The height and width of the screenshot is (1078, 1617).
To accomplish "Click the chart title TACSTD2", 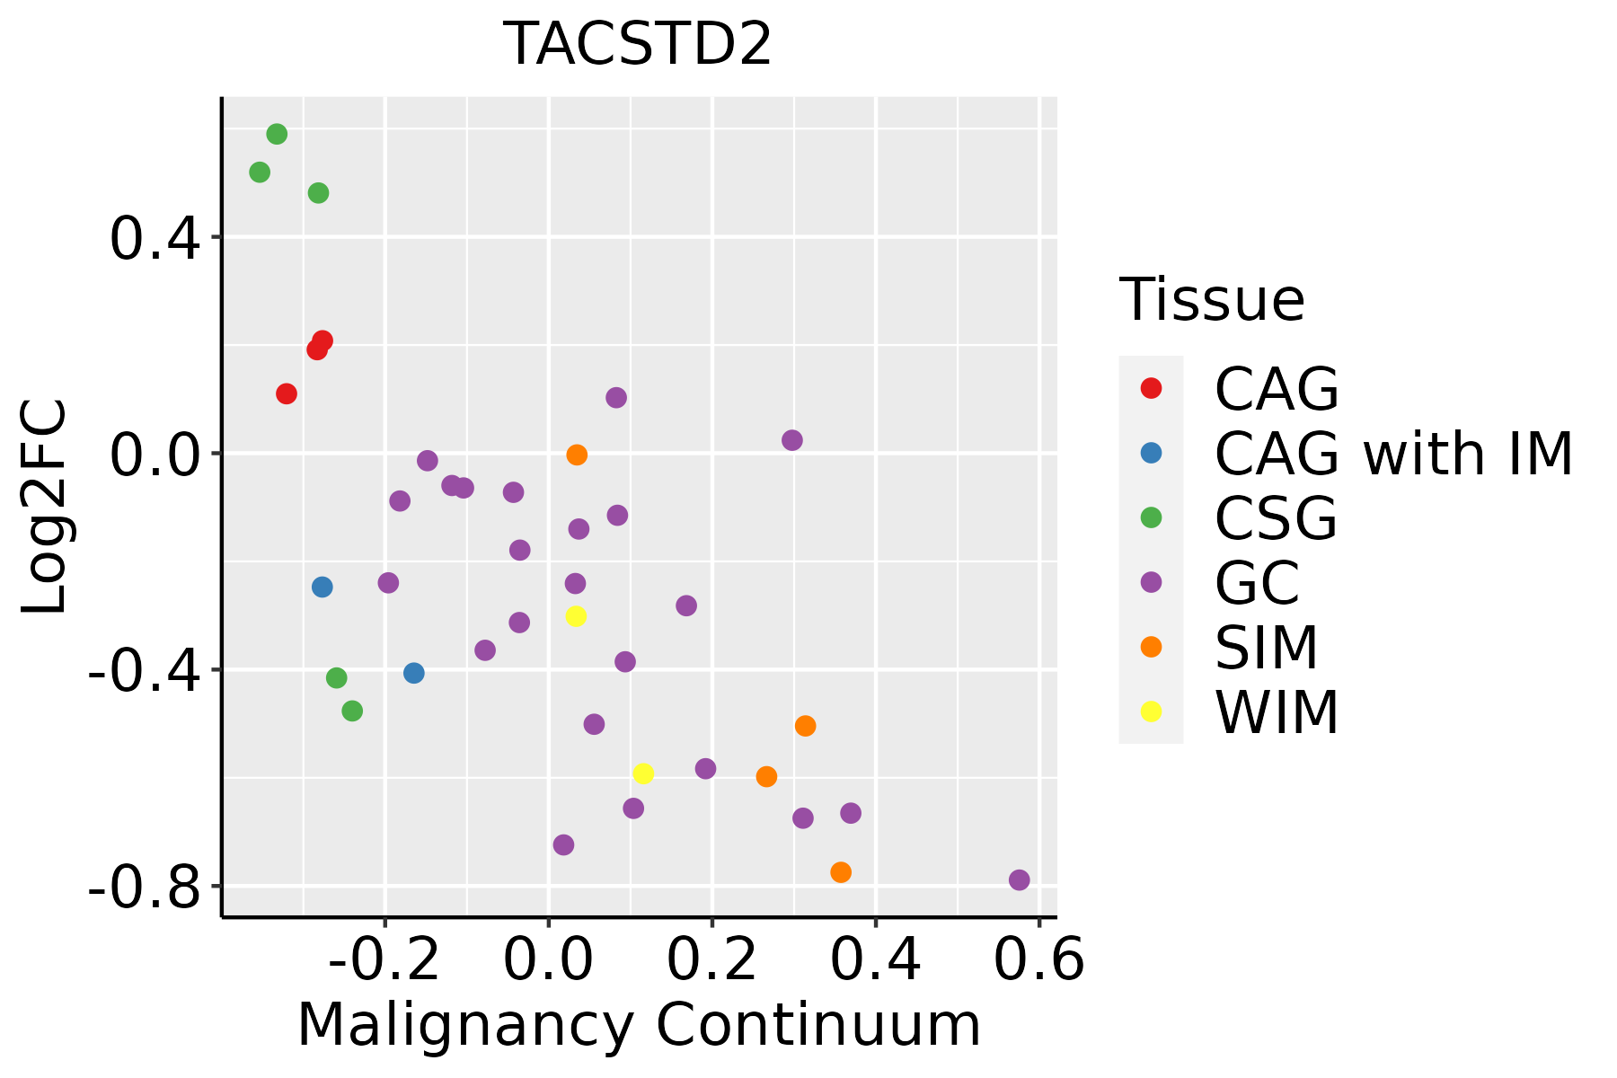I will [639, 44].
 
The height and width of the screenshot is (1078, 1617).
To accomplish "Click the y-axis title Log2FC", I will [45, 507].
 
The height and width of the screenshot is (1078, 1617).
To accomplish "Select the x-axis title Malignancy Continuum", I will [639, 1025].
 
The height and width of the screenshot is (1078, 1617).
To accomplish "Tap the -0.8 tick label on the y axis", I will [144, 888].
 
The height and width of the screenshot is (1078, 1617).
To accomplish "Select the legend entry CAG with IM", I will [1393, 454].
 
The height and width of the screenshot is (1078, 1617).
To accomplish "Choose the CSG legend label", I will [1276, 518].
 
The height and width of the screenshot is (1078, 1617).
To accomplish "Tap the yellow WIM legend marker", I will [1151, 711].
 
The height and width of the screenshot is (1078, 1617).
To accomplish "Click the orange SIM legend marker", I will [1151, 647].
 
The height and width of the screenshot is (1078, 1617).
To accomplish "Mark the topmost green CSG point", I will [277, 134].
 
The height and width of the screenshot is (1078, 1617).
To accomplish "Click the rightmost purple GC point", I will [1019, 879].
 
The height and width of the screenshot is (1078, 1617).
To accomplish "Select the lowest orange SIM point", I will [841, 872].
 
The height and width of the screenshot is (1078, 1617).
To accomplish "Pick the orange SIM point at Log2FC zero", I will [577, 455].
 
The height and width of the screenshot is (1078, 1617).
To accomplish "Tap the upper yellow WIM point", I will [576, 616].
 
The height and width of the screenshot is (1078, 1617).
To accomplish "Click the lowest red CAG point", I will [287, 393].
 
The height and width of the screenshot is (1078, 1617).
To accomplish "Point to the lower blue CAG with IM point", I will [413, 673].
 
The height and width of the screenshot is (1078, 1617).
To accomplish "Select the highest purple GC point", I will [616, 397].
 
